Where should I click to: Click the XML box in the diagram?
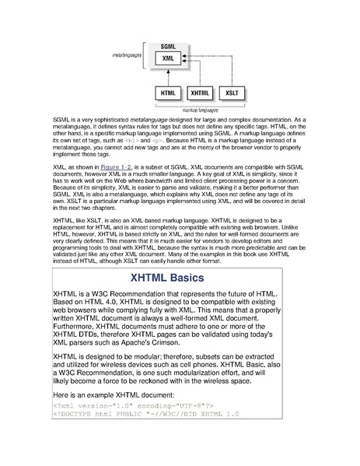pyautogui.click(x=167, y=59)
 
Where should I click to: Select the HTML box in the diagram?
pyautogui.click(x=167, y=94)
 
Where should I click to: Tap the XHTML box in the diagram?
pyautogui.click(x=198, y=94)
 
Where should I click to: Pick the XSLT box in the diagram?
pyautogui.click(x=230, y=94)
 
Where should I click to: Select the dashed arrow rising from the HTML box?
pyautogui.click(x=167, y=77)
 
